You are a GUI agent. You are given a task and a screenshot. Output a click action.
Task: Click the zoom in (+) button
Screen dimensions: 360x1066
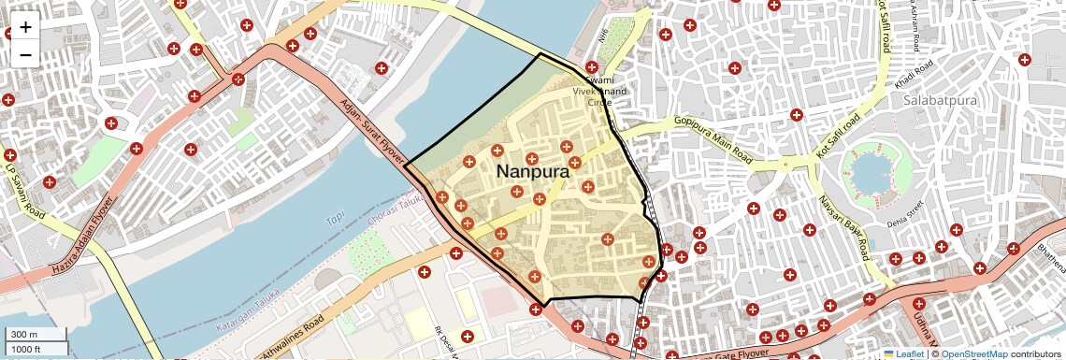pos(25,26)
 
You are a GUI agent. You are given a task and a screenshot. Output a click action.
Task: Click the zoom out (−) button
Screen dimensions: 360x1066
pos(25,54)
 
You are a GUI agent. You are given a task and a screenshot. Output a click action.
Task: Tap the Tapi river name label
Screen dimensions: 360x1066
pos(335,220)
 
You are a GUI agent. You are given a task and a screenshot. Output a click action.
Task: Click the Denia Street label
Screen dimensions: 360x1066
pos(903,214)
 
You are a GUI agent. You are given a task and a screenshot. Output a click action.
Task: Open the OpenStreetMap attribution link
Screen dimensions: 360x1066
pos(974,353)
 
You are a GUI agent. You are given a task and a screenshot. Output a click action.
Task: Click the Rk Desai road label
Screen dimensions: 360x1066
pos(444,340)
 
